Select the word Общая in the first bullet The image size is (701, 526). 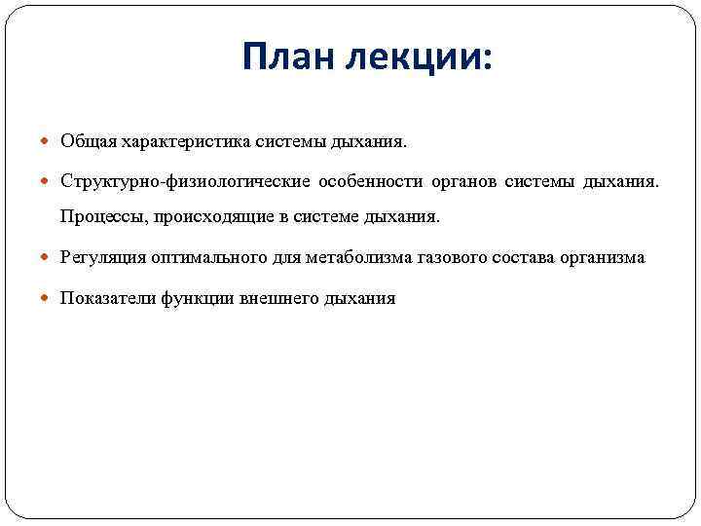[x=89, y=142]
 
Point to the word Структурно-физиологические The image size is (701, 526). [x=185, y=181]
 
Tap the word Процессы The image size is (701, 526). [x=99, y=215]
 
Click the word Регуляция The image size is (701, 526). [x=102, y=257]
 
